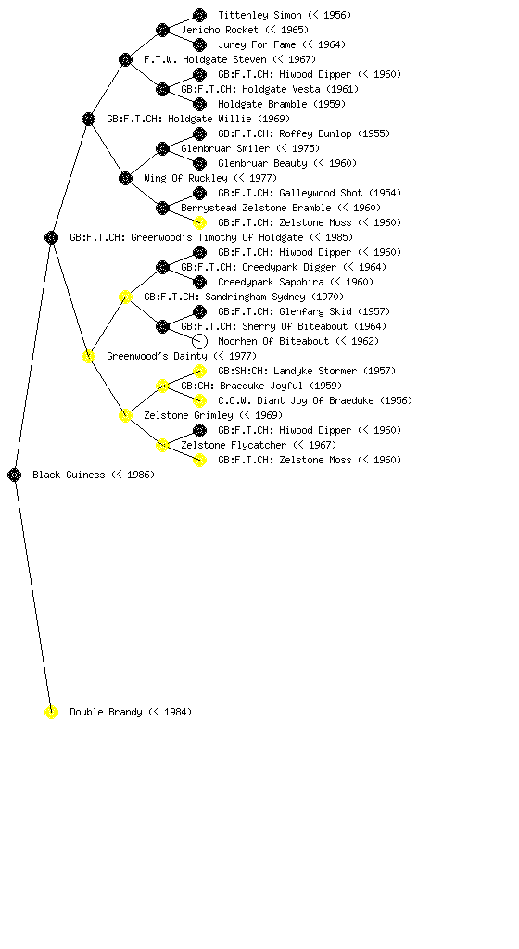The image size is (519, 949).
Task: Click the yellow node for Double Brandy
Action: tap(51, 713)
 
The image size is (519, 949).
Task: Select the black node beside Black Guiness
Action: tap(15, 475)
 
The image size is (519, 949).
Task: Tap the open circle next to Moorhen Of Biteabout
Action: tap(199, 341)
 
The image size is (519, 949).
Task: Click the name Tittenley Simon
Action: tap(260, 15)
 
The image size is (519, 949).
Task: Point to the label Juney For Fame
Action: tap(257, 44)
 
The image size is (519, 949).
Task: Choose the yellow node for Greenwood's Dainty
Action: tap(88, 357)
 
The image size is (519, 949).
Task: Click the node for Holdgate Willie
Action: tap(88, 120)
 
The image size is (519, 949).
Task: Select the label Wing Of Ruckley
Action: tap(185, 178)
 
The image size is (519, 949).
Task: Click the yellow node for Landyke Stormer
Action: tap(199, 371)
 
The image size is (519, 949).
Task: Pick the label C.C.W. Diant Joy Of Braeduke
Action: tap(296, 400)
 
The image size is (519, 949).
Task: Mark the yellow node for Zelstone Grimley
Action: tap(125, 416)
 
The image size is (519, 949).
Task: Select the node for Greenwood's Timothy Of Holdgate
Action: tap(51, 238)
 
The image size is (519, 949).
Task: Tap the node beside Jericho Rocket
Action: tap(162, 31)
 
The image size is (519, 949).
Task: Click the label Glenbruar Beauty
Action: tap(262, 163)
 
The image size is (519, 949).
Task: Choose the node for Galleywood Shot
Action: tap(199, 193)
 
